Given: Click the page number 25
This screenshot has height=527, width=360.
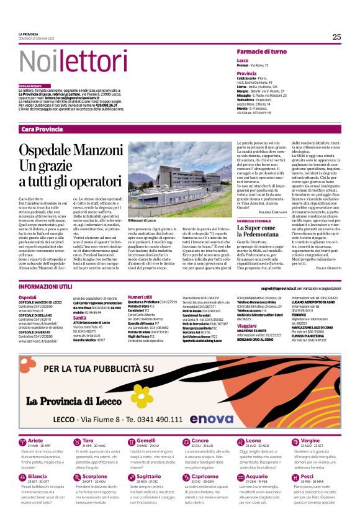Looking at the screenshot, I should coord(336,37).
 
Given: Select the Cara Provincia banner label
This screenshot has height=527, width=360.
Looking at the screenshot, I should coord(42,128).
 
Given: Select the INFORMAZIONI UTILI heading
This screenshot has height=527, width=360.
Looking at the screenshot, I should coord(47,288).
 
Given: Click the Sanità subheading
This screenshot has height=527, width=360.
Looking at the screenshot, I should coord(79,317).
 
